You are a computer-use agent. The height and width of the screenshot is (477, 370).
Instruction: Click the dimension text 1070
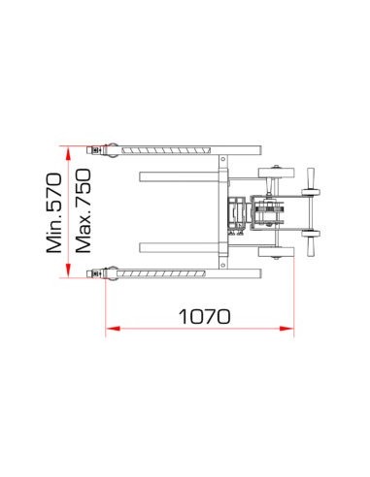pos(204,315)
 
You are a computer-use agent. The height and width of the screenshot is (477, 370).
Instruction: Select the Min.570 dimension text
pos(54,213)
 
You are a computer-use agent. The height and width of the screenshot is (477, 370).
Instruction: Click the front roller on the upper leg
pos(111,150)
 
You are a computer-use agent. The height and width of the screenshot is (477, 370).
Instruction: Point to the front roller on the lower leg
pos(111,273)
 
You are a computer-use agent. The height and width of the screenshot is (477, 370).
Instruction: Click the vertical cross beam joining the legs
pos(222,211)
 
